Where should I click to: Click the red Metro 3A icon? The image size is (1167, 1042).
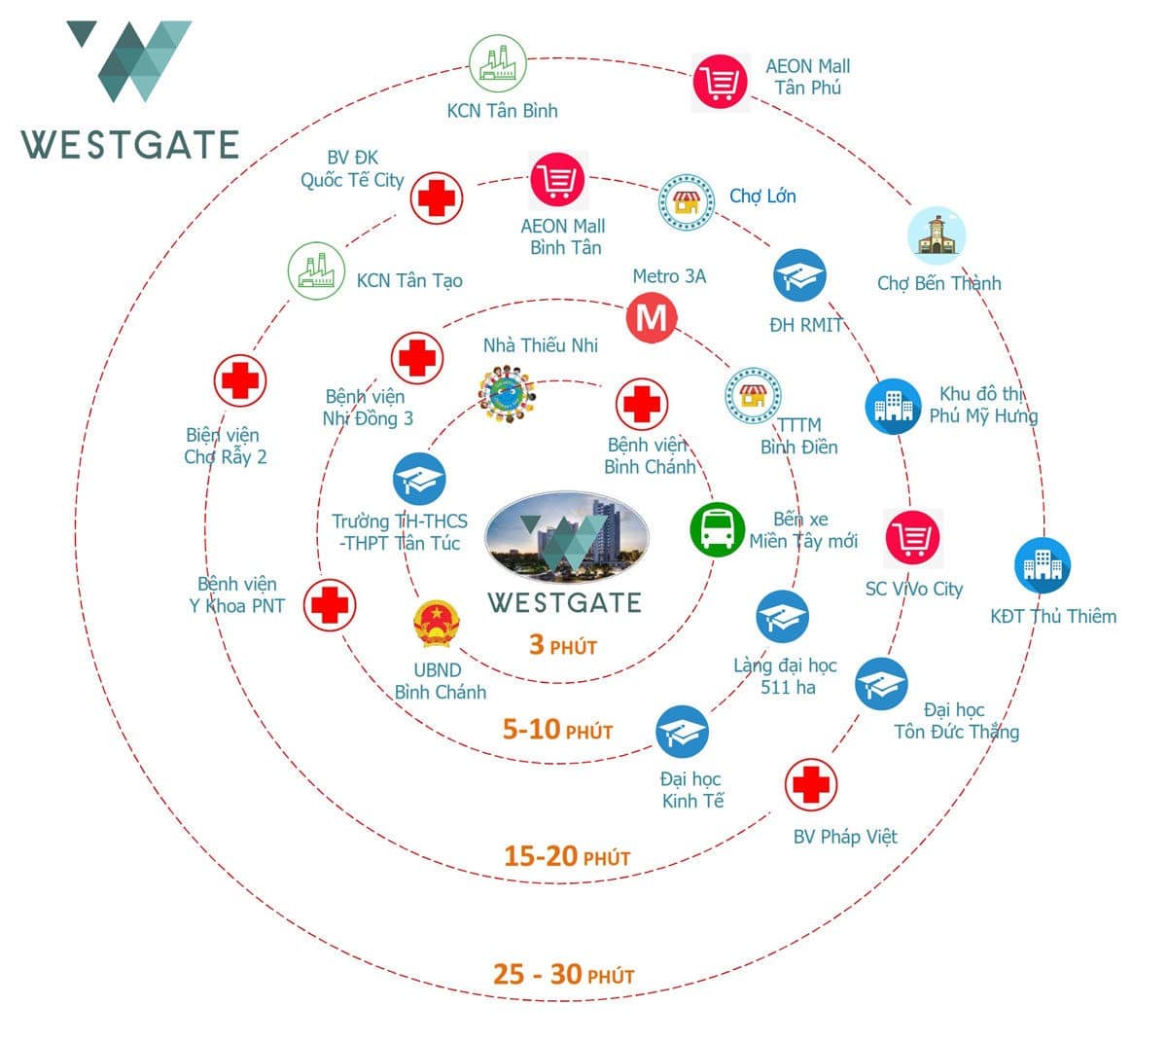coord(651,318)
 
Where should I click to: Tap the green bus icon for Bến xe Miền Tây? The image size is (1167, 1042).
coord(718,529)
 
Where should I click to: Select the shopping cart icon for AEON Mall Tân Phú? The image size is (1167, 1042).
coord(721,82)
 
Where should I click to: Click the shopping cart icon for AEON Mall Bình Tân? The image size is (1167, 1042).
coord(558,180)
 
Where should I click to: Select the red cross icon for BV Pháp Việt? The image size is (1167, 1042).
coord(810,784)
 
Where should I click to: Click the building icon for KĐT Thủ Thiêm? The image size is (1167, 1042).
coord(1043,565)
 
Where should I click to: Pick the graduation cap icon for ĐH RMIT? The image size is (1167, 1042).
coord(799,275)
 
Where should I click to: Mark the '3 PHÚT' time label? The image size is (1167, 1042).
coord(562,645)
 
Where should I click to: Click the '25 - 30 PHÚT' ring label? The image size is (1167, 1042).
coord(563,974)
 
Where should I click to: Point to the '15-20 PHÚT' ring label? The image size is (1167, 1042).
coord(567,856)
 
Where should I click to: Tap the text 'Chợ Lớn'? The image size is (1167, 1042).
coord(762,196)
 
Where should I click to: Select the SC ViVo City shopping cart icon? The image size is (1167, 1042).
coord(912,537)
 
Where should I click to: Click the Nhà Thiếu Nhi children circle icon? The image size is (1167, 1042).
coord(506,393)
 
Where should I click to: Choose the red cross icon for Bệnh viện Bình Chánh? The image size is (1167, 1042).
coord(642,403)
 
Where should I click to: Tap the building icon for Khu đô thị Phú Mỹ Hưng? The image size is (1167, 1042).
coord(893,406)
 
